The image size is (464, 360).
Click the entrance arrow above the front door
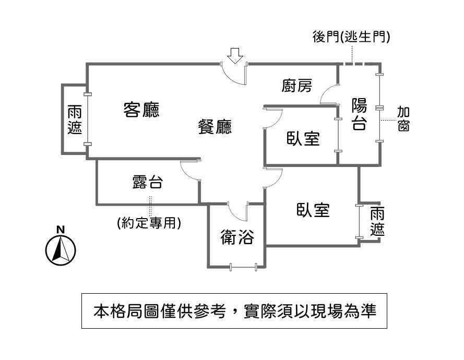point(235,56)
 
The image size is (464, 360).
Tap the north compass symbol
point(61,250)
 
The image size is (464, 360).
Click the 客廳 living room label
point(141,110)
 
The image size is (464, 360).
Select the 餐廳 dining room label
point(215,127)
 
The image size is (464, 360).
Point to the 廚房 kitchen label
point(297,86)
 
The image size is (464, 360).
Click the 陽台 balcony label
point(359,114)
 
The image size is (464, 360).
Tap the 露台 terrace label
point(147,182)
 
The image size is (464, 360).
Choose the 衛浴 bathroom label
point(237,237)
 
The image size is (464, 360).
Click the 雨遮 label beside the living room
point(75,119)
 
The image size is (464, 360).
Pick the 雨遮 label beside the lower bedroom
point(377,221)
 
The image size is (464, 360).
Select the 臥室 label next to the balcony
point(303,138)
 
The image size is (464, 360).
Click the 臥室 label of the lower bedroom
point(313,210)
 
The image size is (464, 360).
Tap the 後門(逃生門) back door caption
point(351,37)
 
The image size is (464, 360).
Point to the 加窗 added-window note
point(403,118)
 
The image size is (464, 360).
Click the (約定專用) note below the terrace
point(149,222)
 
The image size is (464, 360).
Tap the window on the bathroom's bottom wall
point(244,268)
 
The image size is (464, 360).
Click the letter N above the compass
point(61,230)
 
